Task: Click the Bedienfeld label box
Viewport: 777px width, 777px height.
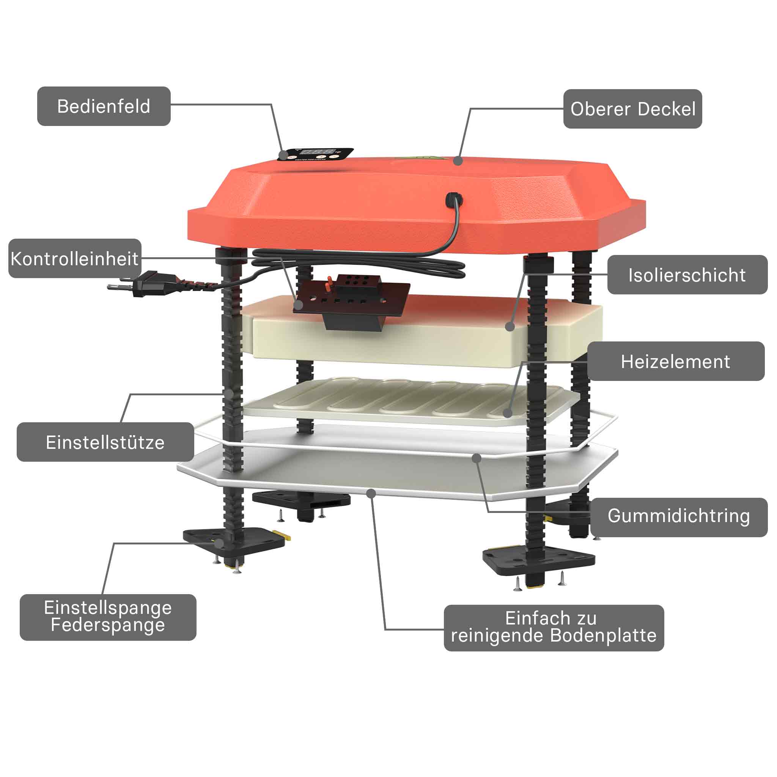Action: point(104,106)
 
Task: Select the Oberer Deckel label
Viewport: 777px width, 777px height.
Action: point(632,109)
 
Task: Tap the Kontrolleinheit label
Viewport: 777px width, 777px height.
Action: point(75,258)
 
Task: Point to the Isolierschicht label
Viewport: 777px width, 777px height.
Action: point(687,275)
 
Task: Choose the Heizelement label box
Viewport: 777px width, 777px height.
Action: point(676,361)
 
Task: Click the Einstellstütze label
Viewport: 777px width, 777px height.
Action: point(105,442)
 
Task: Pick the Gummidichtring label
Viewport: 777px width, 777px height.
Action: point(679,517)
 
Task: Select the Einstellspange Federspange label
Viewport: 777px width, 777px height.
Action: point(108,617)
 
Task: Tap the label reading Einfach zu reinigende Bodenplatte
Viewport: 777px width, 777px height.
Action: point(554,628)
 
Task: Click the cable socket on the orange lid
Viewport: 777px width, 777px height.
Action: point(454,200)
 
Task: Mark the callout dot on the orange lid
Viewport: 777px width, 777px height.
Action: point(458,161)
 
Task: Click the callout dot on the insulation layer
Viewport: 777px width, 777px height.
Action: point(510,327)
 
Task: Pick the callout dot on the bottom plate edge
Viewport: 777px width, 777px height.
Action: point(371,493)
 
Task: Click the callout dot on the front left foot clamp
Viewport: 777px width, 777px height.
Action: point(219,543)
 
